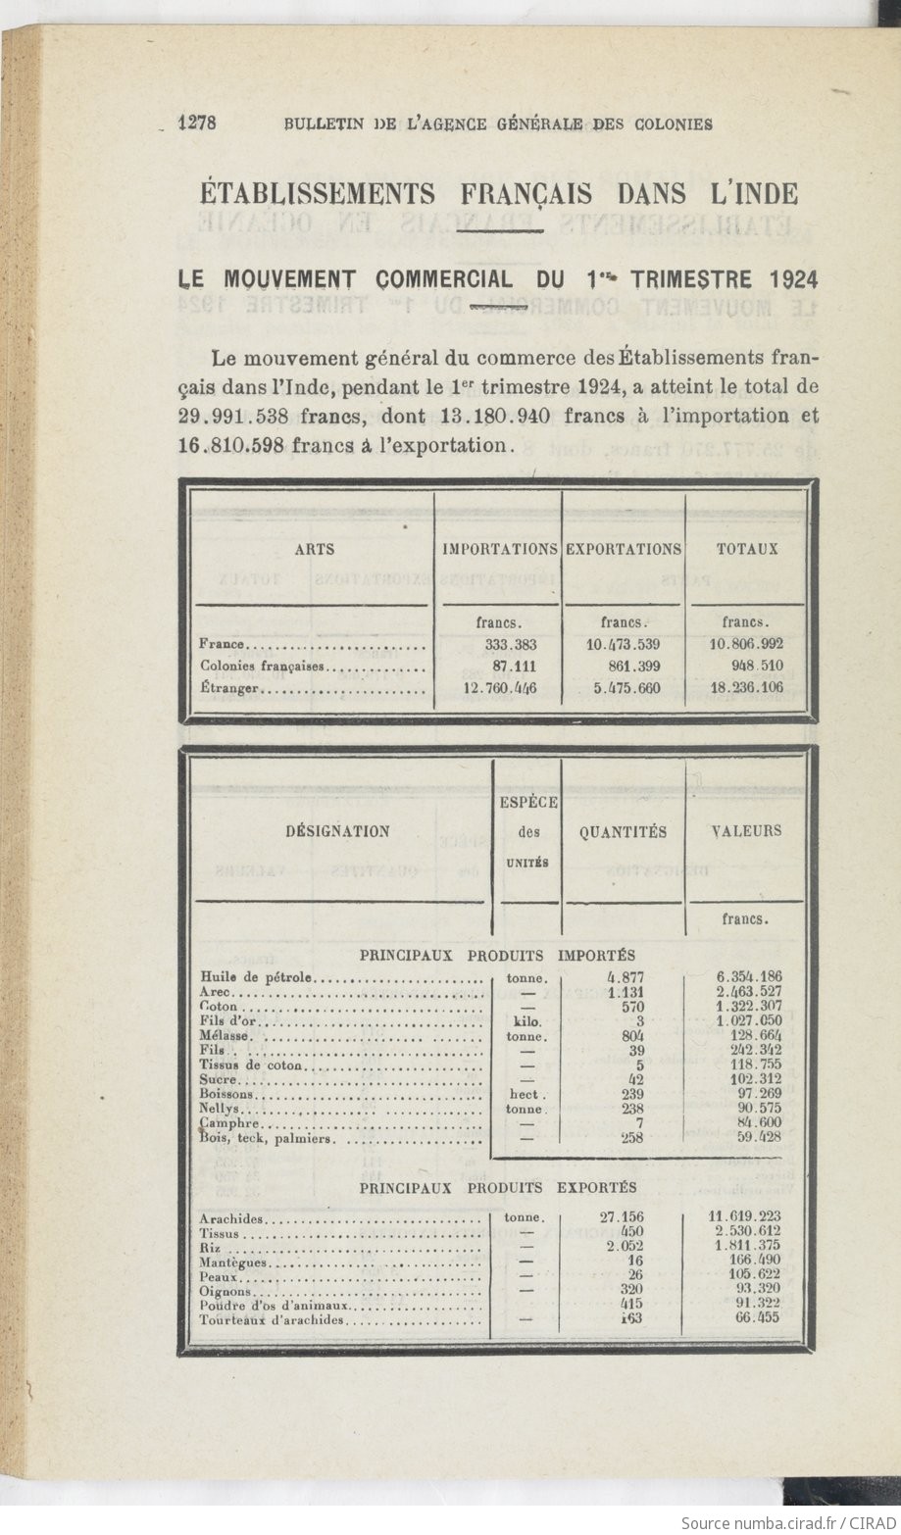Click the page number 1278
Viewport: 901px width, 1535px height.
pos(196,123)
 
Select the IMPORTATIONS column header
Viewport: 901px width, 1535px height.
pos(500,549)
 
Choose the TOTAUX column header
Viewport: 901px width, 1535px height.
pos(747,549)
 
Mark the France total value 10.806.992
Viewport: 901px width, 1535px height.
pos(746,645)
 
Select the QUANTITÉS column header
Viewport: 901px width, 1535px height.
pos(623,831)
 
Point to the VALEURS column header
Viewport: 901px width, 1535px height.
pos(746,830)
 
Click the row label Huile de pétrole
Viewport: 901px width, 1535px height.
pos(255,977)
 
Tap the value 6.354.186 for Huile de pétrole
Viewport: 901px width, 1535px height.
pos(749,977)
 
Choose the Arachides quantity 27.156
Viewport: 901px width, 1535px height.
pos(622,1217)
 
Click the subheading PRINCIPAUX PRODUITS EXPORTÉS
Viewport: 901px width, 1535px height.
pos(497,1187)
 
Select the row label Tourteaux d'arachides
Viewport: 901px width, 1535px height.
pos(272,1319)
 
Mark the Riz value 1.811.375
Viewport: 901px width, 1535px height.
pos(747,1246)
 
